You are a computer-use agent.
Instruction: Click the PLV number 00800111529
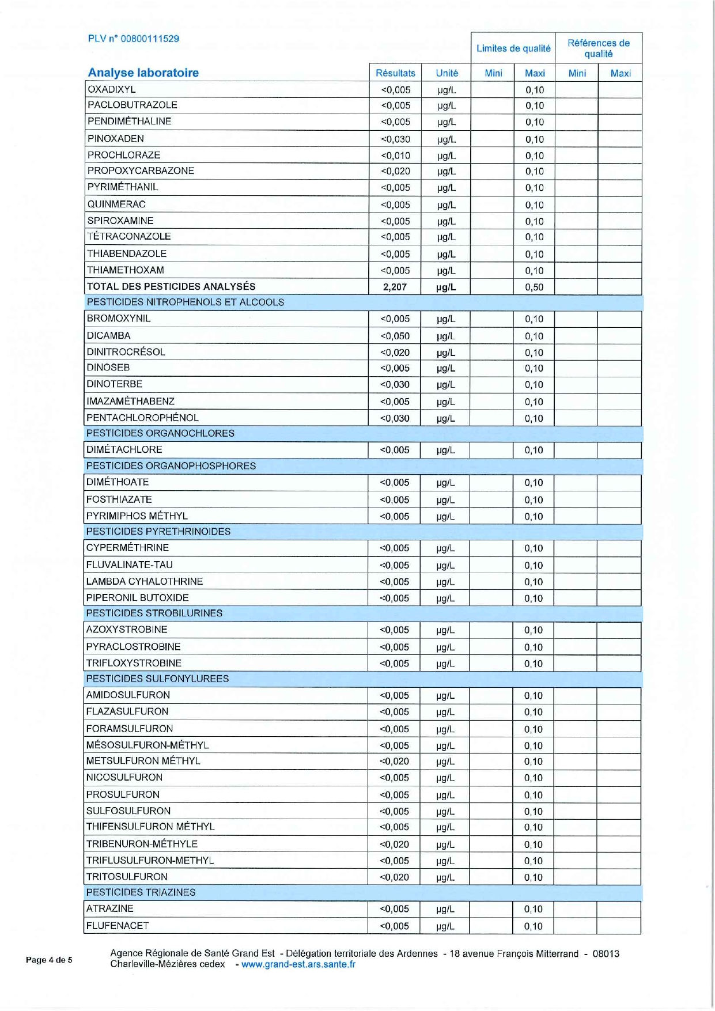click(133, 39)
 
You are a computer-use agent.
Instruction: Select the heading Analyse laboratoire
click(143, 73)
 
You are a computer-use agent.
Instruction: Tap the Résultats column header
click(395, 73)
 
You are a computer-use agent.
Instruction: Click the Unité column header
click(447, 73)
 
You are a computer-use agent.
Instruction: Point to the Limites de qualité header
click(513, 48)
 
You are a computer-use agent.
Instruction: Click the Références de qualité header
click(598, 48)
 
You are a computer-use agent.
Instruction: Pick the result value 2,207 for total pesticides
click(395, 287)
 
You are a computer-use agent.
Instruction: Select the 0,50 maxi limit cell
click(534, 287)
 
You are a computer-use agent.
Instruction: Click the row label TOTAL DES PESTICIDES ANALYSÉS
click(171, 286)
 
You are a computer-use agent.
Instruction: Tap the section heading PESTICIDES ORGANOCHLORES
click(160, 433)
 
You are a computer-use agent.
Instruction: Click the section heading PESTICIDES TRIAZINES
click(141, 892)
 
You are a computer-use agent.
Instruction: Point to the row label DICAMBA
click(108, 335)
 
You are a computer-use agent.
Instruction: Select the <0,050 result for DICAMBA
click(395, 336)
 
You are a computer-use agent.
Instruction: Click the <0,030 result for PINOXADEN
click(395, 139)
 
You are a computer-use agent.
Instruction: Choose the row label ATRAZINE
click(109, 908)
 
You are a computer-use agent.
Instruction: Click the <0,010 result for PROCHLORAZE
click(395, 156)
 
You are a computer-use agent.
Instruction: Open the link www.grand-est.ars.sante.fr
click(298, 964)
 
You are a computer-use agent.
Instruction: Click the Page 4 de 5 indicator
click(49, 960)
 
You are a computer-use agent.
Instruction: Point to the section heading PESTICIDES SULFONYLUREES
click(157, 679)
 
